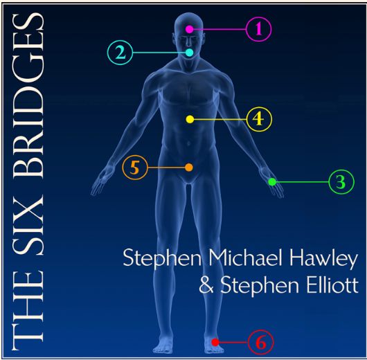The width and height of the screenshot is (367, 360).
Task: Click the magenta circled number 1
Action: coord(259,29)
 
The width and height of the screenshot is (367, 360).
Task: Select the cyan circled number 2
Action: coord(120,53)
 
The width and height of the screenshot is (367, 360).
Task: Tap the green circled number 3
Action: coord(341,182)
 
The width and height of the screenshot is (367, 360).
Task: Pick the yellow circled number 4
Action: coord(259,119)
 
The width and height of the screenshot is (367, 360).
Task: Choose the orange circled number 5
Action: coord(135,168)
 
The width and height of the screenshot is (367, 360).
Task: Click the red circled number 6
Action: coord(261,342)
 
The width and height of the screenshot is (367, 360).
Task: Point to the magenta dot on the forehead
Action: coord(190,29)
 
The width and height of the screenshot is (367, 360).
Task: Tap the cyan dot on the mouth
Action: coord(190,53)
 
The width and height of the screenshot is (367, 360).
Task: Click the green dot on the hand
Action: coord(272,182)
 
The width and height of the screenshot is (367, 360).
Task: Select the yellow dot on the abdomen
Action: coord(190,119)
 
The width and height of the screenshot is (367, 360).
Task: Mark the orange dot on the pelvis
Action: coord(189,168)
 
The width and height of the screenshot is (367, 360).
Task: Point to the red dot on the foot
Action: coord(215,342)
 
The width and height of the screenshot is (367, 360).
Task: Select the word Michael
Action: coord(247,257)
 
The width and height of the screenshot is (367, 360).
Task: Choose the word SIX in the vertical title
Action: coord(28,222)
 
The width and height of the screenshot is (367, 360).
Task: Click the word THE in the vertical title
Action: coord(28,310)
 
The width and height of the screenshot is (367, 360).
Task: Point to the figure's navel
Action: coord(188,143)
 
